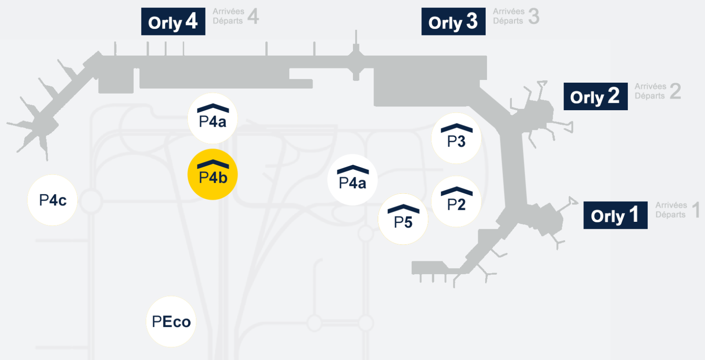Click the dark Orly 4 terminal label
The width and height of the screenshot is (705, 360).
click(x=173, y=22)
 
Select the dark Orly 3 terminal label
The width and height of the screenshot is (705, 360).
click(x=453, y=22)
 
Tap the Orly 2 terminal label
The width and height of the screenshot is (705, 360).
click(x=595, y=96)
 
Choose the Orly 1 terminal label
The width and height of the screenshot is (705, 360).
click(x=615, y=215)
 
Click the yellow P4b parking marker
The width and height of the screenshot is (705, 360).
click(x=213, y=174)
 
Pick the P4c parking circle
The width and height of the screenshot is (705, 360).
click(x=53, y=200)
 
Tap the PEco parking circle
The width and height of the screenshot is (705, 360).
click(x=171, y=321)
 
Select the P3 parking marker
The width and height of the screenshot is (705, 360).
click(x=456, y=138)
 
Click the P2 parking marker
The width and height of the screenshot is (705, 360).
click(x=456, y=202)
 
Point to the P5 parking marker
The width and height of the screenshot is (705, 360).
click(x=403, y=219)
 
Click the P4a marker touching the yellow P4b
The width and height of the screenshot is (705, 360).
click(x=213, y=118)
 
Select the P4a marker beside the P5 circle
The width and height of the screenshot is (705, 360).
click(x=352, y=180)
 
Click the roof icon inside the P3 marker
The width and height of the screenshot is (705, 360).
click(x=456, y=128)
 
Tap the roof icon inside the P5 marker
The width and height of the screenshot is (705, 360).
click(x=403, y=209)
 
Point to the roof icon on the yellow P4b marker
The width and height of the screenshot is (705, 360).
click(x=213, y=164)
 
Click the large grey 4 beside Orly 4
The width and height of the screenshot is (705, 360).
click(x=253, y=17)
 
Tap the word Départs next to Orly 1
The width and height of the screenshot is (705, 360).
click(x=671, y=214)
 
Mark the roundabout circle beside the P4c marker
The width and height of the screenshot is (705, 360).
click(x=90, y=201)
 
